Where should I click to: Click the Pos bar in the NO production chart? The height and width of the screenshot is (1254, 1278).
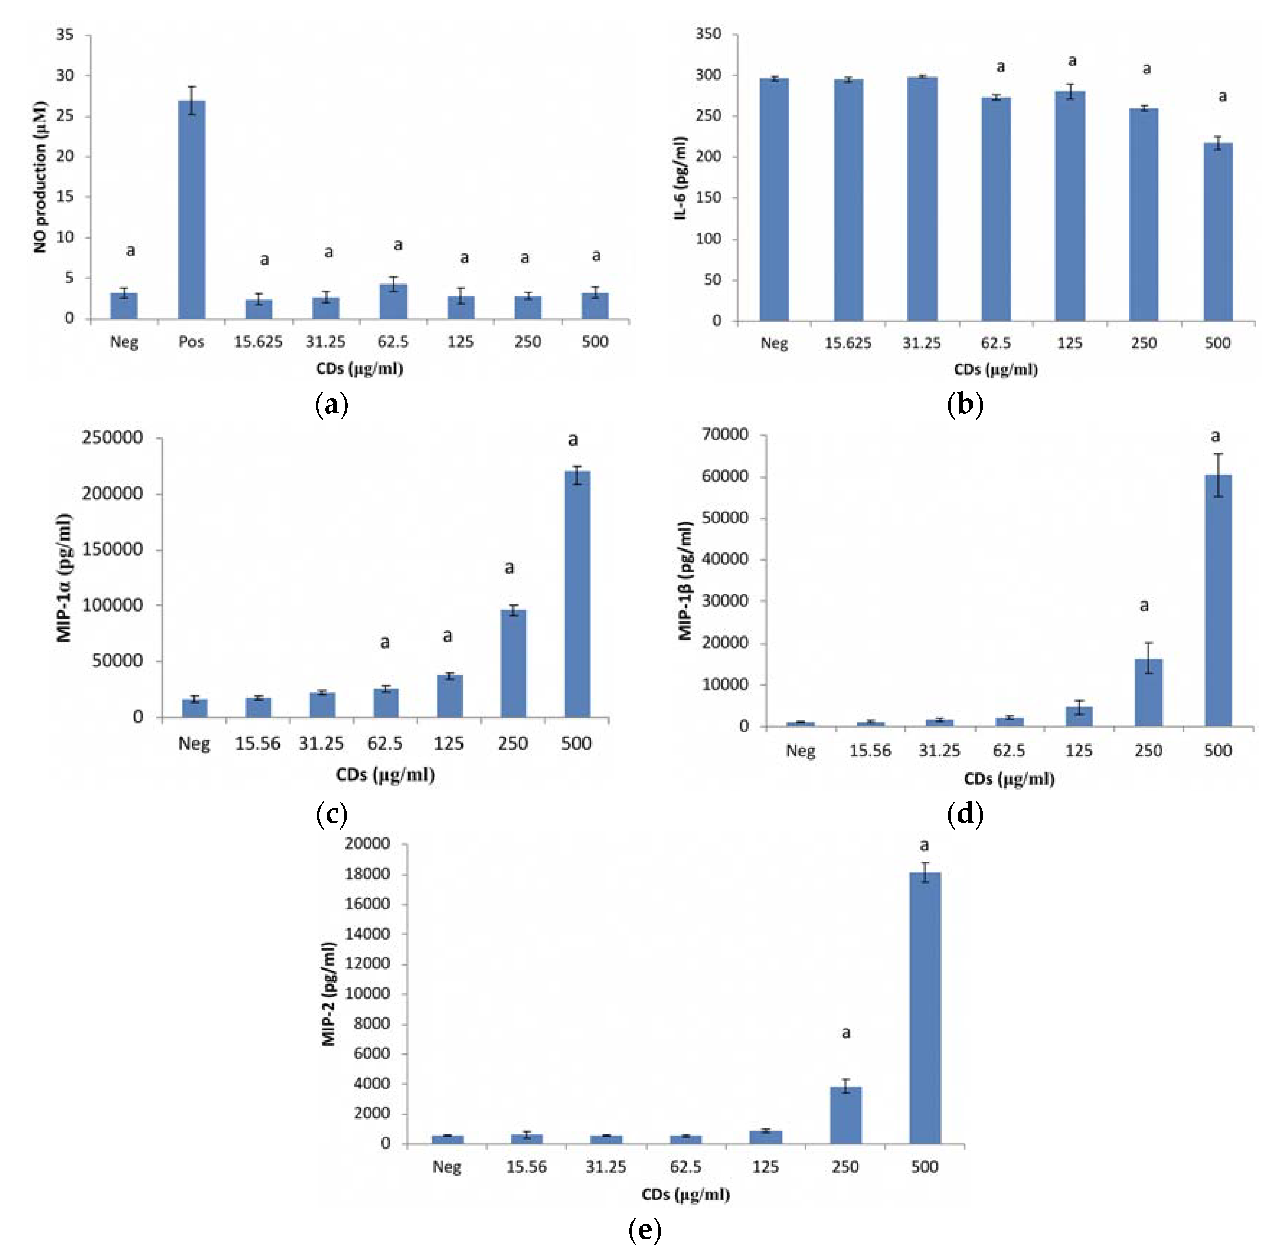tap(191, 211)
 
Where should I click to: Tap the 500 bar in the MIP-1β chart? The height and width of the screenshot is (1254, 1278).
tap(1217, 599)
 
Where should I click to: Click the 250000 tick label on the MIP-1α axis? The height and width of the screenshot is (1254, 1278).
tap(112, 438)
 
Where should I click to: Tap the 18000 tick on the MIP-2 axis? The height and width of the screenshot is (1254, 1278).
tap(367, 874)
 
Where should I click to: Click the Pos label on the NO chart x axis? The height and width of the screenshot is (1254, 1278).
tap(191, 342)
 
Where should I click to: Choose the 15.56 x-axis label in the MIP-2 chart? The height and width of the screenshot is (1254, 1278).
tap(526, 1168)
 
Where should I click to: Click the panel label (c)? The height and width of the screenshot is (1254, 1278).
tap(331, 815)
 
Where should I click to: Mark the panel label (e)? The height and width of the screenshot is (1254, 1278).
tap(645, 1229)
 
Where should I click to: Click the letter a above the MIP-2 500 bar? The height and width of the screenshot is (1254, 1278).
tap(924, 846)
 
